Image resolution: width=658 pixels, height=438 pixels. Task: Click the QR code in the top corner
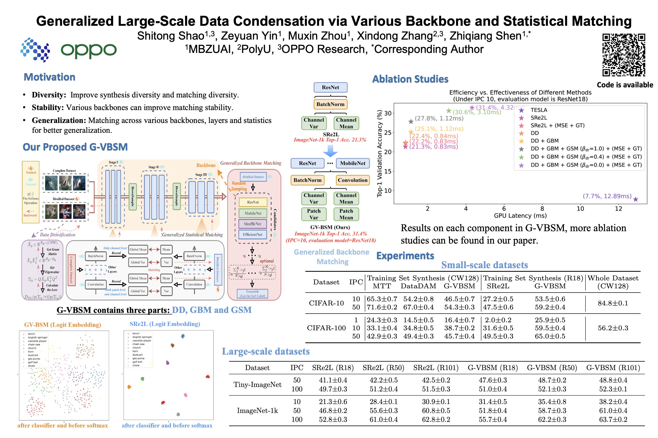click(623, 55)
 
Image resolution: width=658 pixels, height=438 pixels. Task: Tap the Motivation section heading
click(49, 77)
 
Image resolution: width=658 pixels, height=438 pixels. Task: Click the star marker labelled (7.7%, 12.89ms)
click(635, 199)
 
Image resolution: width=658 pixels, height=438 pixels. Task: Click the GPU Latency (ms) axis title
click(520, 216)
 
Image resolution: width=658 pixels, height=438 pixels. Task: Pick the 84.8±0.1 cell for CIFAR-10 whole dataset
click(613, 303)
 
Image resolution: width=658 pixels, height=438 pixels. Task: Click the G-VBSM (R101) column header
click(613, 367)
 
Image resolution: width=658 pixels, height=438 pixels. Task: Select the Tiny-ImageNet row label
click(257, 385)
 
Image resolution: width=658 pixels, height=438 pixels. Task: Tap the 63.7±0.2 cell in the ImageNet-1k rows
click(613, 419)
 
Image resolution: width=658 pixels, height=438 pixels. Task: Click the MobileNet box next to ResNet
click(352, 163)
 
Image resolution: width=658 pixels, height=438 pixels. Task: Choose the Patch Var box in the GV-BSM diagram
click(314, 214)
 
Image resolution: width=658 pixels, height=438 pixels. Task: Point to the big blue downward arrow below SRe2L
click(330, 151)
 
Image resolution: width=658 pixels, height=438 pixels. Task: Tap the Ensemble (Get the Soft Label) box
click(252, 293)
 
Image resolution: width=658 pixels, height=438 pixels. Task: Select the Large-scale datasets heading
click(265, 351)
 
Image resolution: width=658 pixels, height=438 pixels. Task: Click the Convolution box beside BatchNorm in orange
click(352, 180)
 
